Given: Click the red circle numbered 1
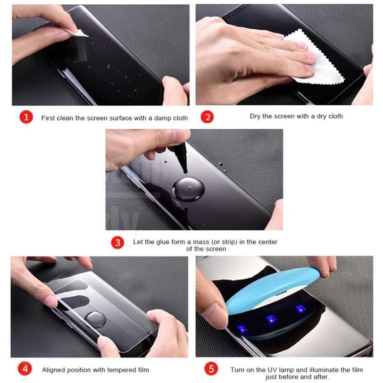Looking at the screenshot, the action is click(26, 117).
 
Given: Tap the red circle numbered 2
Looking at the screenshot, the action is click(207, 116).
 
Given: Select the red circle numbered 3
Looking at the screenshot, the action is click(118, 243).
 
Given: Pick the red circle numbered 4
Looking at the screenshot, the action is click(25, 369).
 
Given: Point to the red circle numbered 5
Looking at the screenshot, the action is click(211, 369).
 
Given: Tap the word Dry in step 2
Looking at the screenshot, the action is click(255, 116).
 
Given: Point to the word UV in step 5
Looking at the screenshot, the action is click(272, 370).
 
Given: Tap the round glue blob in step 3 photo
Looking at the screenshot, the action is click(188, 189).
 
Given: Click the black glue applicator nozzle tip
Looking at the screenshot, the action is click(186, 172).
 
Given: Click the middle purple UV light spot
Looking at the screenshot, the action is click(271, 319).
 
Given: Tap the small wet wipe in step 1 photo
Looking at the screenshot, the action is click(79, 33).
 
